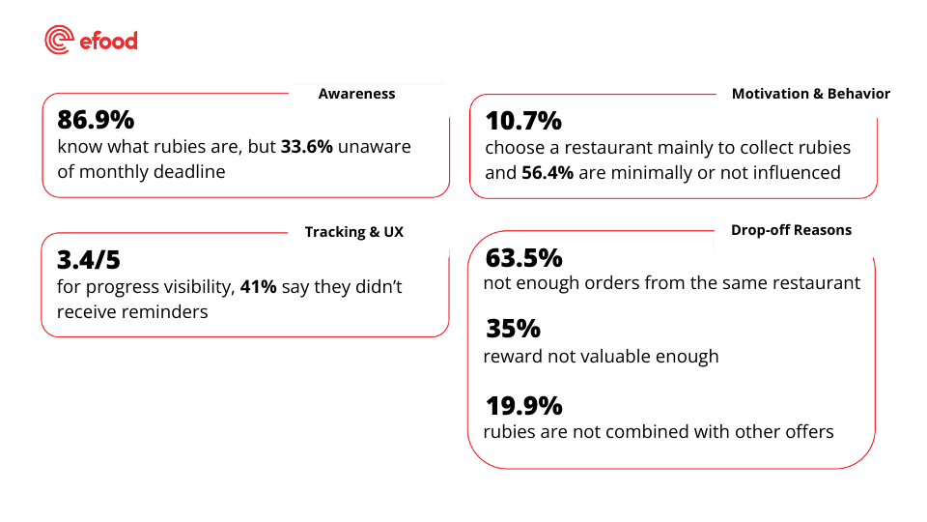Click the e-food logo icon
pyautogui.click(x=59, y=40)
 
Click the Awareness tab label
pyautogui.click(x=356, y=94)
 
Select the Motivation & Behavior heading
pyautogui.click(x=810, y=94)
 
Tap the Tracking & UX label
pyautogui.click(x=353, y=232)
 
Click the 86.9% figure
pyautogui.click(x=96, y=121)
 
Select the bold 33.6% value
pyautogui.click(x=307, y=147)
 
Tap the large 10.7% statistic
pyautogui.click(x=522, y=122)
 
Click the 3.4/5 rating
pyautogui.click(x=89, y=260)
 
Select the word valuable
pyautogui.click(x=613, y=357)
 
